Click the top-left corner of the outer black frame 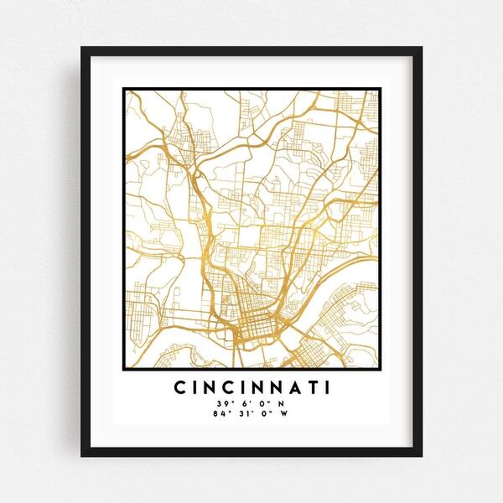82,48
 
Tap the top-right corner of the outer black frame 421,48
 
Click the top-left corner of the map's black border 123,89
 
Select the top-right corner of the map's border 380,89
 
